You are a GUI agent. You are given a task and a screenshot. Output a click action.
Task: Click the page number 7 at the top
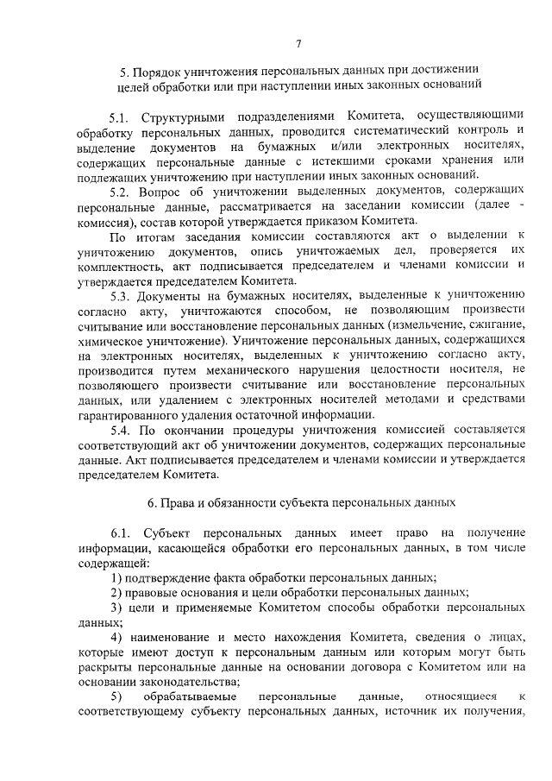point(297,44)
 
